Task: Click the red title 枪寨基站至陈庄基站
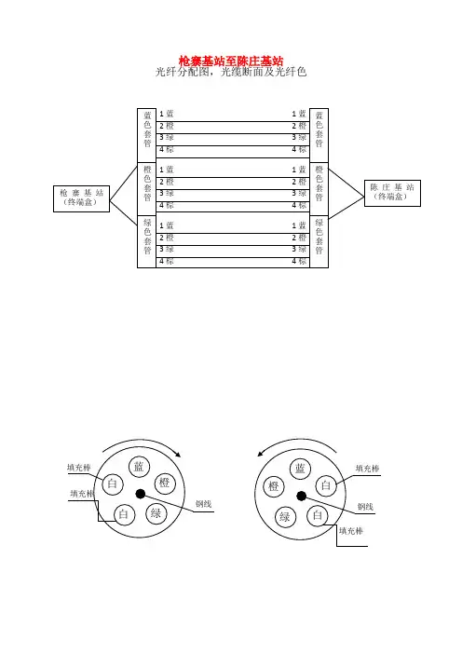tap(231, 61)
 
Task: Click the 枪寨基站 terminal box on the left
tap(82, 198)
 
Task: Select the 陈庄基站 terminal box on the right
tap(392, 193)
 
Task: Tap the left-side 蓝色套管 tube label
tap(147, 129)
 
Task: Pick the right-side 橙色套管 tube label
tap(319, 184)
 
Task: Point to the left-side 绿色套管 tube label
tap(147, 237)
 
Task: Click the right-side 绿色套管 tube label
tap(319, 237)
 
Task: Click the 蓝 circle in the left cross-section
tap(139, 467)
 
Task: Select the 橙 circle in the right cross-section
tap(274, 486)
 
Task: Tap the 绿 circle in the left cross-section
tap(156, 513)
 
